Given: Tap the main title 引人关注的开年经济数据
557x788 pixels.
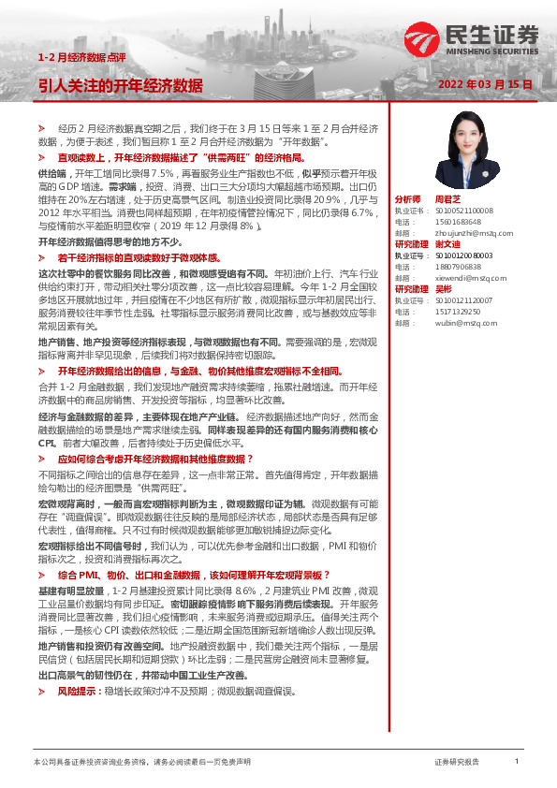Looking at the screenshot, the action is tap(121, 85).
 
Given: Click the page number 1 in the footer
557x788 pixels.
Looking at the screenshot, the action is tap(516, 762).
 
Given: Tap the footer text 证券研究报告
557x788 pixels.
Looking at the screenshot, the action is tap(457, 763).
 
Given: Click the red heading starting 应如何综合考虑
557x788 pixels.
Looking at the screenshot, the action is tap(155, 459).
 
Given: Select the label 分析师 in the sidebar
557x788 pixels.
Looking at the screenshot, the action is tap(408, 199).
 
